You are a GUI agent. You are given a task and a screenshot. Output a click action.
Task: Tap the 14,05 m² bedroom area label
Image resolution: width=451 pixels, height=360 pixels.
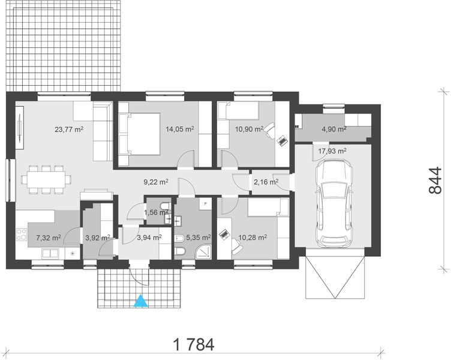coord(180,128)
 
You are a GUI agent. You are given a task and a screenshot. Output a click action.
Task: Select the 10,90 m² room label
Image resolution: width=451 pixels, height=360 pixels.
coord(249,128)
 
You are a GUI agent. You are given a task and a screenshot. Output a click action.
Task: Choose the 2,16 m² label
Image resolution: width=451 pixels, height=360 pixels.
coord(266,181)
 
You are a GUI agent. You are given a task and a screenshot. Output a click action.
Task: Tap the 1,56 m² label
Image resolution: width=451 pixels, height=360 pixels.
coord(156,212)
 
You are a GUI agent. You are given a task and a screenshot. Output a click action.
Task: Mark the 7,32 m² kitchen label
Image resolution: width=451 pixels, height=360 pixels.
coord(49,237)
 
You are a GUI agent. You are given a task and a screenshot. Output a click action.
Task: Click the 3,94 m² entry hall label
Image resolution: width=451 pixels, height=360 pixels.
coord(149,237)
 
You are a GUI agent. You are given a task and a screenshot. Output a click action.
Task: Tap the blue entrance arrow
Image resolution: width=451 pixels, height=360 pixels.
coord(140,301)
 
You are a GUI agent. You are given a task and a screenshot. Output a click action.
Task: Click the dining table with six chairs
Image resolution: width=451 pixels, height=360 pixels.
coord(46,179)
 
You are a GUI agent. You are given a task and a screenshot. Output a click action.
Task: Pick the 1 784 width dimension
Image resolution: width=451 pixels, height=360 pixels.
coord(193,344)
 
